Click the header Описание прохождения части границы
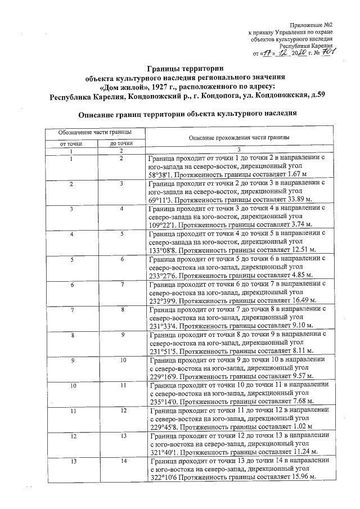(239, 137)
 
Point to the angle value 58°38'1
(164, 174)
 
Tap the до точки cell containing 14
(121, 461)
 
